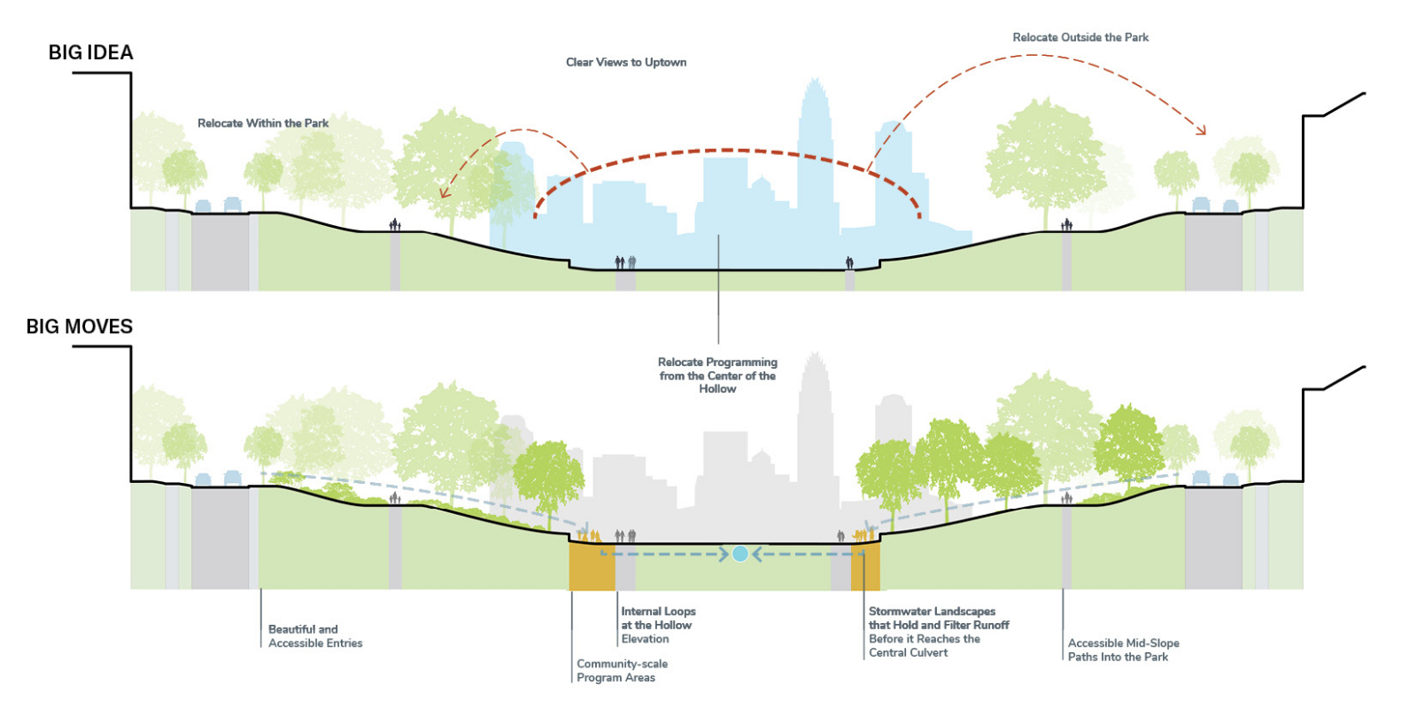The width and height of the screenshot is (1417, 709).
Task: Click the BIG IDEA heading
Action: pyautogui.click(x=90, y=52)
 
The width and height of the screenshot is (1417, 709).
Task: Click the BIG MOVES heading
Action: pyautogui.click(x=80, y=326)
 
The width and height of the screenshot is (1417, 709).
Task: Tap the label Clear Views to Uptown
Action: pyautogui.click(x=626, y=62)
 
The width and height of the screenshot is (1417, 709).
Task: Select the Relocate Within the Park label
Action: pyautogui.click(x=263, y=123)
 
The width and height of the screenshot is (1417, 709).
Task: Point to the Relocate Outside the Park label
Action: pyautogui.click(x=1080, y=37)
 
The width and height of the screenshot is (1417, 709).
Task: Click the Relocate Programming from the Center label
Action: pyautogui.click(x=717, y=375)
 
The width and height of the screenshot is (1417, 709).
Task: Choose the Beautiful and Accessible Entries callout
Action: pyautogui.click(x=315, y=636)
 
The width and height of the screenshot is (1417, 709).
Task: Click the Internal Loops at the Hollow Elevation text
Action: pyautogui.click(x=658, y=625)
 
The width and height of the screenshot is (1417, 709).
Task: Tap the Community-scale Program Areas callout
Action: pyautogui.click(x=622, y=671)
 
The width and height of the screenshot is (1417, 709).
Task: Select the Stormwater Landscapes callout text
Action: pyautogui.click(x=939, y=632)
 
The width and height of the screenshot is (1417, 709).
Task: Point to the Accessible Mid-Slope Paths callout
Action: pyautogui.click(x=1123, y=650)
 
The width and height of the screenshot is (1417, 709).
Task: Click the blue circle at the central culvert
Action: pyautogui.click(x=740, y=554)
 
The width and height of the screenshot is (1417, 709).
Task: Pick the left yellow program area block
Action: pyautogui.click(x=591, y=566)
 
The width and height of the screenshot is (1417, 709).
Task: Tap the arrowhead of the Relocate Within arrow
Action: pyautogui.click(x=444, y=194)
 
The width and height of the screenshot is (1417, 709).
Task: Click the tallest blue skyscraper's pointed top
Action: pyautogui.click(x=814, y=82)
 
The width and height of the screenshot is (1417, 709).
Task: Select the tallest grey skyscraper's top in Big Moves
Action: pyautogui.click(x=814, y=356)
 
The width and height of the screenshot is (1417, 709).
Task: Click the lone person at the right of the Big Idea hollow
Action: pyautogui.click(x=849, y=262)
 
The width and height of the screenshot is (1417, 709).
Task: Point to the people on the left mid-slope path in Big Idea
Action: pyautogui.click(x=395, y=225)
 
